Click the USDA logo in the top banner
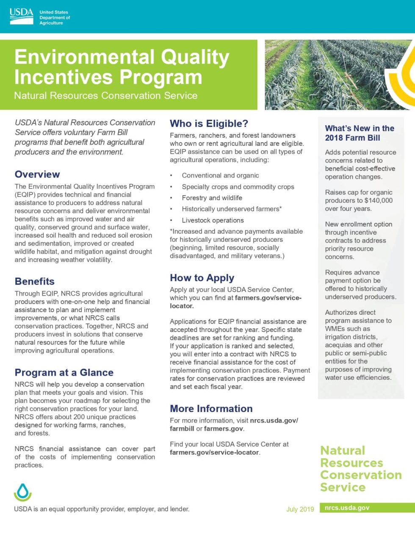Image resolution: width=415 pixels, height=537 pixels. click(x=21, y=17)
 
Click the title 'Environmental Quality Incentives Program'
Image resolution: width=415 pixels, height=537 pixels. click(x=122, y=67)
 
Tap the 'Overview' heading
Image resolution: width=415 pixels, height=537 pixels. click(x=37, y=174)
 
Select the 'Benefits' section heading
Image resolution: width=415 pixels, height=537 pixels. click(x=34, y=281)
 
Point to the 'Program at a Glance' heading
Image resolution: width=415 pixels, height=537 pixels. click(x=64, y=372)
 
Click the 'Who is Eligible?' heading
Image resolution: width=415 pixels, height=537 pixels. click(x=209, y=124)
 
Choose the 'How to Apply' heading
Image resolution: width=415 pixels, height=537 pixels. click(x=202, y=278)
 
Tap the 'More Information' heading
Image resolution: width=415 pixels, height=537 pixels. click(x=211, y=408)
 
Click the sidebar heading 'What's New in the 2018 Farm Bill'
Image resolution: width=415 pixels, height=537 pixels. click(x=359, y=133)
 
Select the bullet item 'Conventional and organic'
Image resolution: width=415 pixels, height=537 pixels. click(x=220, y=175)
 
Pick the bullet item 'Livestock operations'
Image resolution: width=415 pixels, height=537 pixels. click(x=213, y=220)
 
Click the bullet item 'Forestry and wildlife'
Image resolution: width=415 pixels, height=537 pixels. click(x=212, y=198)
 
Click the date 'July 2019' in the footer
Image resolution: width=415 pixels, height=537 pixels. click(x=300, y=509)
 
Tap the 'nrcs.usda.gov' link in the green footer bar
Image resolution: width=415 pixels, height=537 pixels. click(x=347, y=508)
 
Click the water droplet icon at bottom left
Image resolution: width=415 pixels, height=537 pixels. click(x=22, y=492)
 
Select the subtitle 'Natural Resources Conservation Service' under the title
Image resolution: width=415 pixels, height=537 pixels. click(x=105, y=95)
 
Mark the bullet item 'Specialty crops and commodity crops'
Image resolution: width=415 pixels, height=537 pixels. click(x=238, y=187)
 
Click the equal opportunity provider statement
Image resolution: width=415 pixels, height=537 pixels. click(x=102, y=509)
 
